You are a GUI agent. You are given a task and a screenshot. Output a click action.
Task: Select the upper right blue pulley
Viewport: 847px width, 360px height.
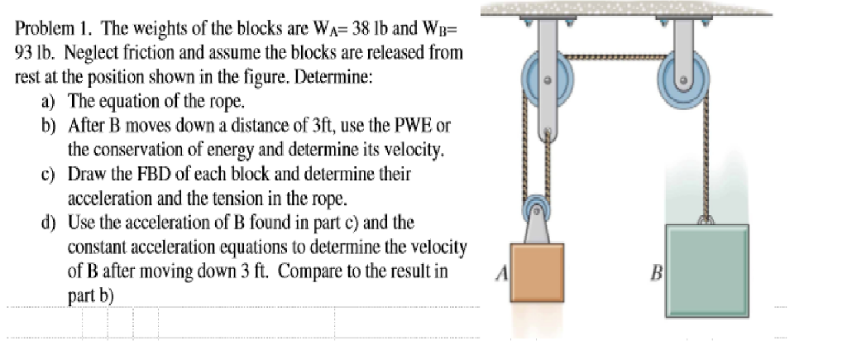683,80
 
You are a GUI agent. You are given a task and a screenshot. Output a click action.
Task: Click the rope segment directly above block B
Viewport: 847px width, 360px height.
706,166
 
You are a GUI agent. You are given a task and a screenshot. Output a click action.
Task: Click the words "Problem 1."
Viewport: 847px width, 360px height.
49,30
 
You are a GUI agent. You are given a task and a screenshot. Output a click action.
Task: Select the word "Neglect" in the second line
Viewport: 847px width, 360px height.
87,51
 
